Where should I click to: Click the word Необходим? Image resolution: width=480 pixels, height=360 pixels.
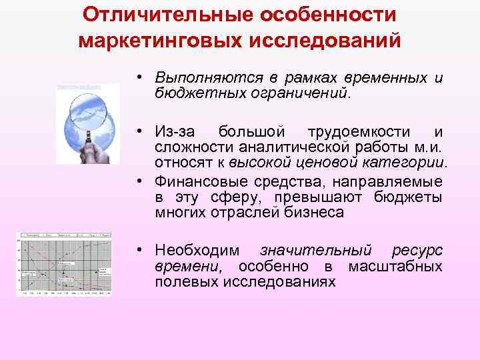(193, 251)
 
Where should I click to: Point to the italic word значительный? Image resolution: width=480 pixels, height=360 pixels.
(315, 251)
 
